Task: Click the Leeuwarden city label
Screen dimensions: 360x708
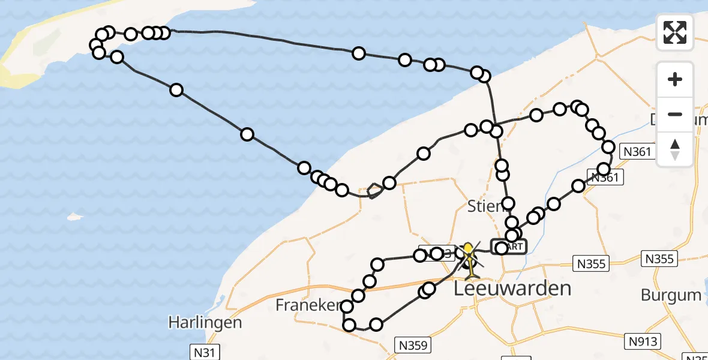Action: [x=512, y=289]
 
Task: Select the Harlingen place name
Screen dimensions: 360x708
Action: [x=205, y=322]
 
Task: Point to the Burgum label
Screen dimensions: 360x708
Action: [x=671, y=295]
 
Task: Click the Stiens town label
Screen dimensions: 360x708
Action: [x=485, y=207]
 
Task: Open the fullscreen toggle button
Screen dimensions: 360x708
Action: [x=675, y=32]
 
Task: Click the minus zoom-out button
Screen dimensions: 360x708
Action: [x=675, y=114]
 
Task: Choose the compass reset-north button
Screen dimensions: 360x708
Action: [x=675, y=149]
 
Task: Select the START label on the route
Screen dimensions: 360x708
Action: [x=509, y=247]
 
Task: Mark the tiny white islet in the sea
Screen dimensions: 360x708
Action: [x=74, y=216]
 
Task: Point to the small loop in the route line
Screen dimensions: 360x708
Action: [x=374, y=191]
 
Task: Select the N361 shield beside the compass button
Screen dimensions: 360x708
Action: [x=637, y=152]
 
